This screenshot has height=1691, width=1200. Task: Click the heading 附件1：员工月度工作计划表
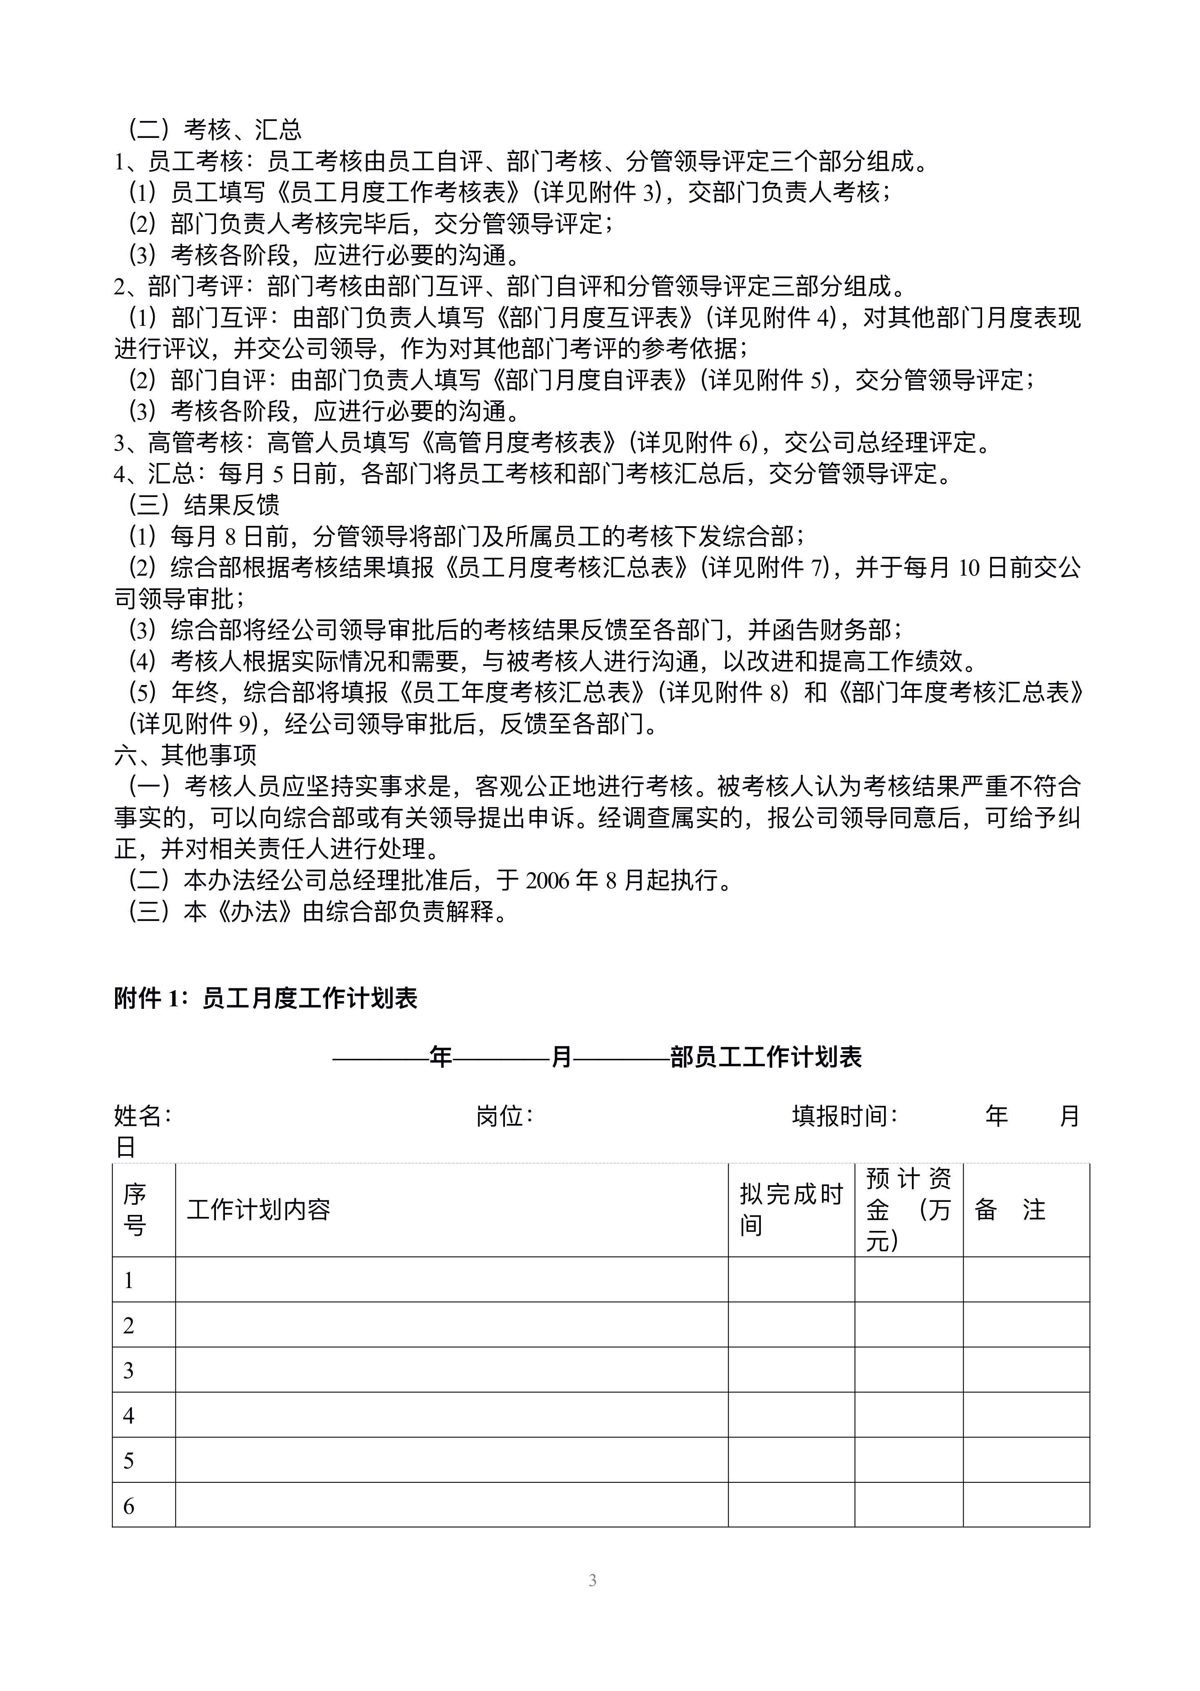coord(266,999)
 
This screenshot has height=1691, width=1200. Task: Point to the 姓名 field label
coord(142,1116)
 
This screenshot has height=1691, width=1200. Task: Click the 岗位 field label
coord(504,1116)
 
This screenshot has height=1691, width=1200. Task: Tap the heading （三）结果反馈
coord(204,505)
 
